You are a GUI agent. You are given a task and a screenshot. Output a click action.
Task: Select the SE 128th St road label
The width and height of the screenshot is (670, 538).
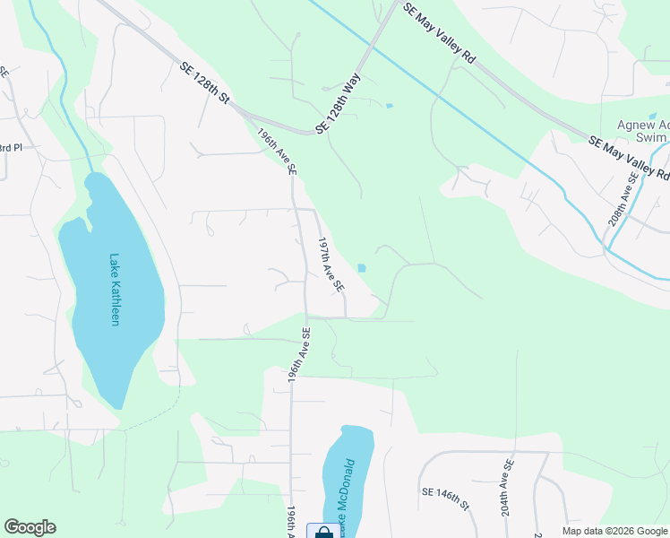(x=205, y=82)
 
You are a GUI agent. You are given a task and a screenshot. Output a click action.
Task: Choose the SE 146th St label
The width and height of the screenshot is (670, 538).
(x=445, y=499)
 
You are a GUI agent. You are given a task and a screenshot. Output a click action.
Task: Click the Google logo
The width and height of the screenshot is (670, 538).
(x=30, y=527)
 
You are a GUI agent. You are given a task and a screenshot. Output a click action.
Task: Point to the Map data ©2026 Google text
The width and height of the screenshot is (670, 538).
(x=615, y=530)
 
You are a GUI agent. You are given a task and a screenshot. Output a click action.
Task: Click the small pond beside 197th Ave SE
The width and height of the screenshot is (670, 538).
(x=361, y=267)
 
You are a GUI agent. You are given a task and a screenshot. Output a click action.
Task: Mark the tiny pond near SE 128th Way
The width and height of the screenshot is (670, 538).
(x=388, y=106)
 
